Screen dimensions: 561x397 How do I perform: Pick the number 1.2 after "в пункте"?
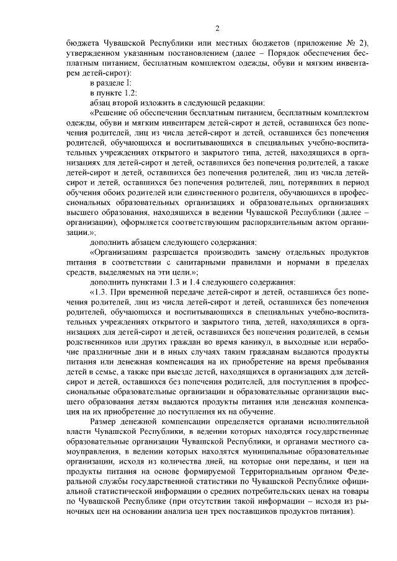[128, 94]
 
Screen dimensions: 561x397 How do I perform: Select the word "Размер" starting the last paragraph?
[103, 420]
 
